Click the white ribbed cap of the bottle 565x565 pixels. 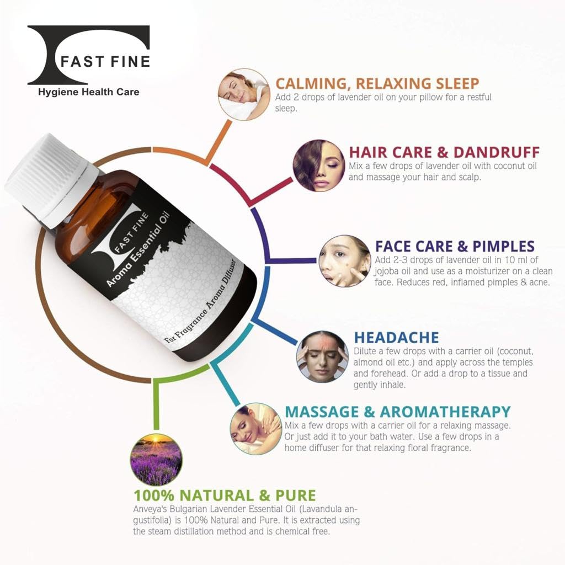(50, 180)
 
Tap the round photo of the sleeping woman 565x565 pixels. (244, 94)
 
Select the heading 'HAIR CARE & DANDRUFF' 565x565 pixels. (444, 152)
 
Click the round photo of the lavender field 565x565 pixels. (156, 460)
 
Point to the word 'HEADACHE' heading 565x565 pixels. (396, 338)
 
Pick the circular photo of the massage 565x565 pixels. (256, 429)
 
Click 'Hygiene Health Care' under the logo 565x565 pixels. (89, 92)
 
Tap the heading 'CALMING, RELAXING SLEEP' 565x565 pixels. (377, 84)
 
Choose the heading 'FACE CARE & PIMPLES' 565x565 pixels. (455, 247)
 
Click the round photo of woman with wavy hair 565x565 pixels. (319, 166)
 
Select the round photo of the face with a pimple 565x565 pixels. (345, 261)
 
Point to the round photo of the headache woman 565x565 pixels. (322, 356)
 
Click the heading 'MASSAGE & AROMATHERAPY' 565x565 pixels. (398, 412)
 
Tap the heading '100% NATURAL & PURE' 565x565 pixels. (225, 495)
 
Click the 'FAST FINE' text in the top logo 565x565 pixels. (105, 62)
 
